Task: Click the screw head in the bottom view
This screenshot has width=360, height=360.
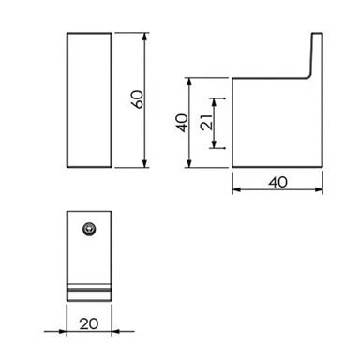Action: pyautogui.click(x=89, y=228)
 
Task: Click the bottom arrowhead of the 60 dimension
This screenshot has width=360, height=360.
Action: pyautogui.click(x=147, y=167)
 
